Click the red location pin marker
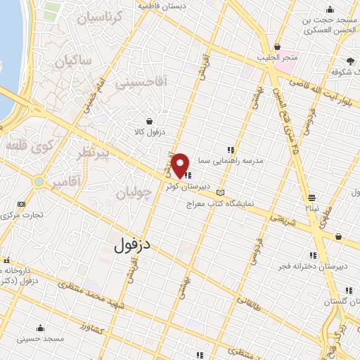click(x=181, y=165)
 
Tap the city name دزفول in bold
click(x=133, y=245)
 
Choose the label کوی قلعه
click(x=26, y=146)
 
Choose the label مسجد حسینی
click(x=43, y=339)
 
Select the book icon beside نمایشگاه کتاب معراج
click(x=221, y=192)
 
